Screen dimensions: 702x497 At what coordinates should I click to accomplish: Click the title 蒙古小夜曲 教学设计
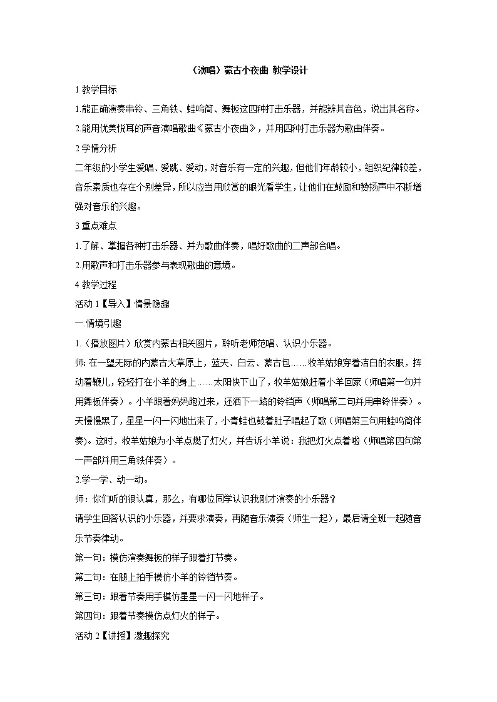click(248, 71)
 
